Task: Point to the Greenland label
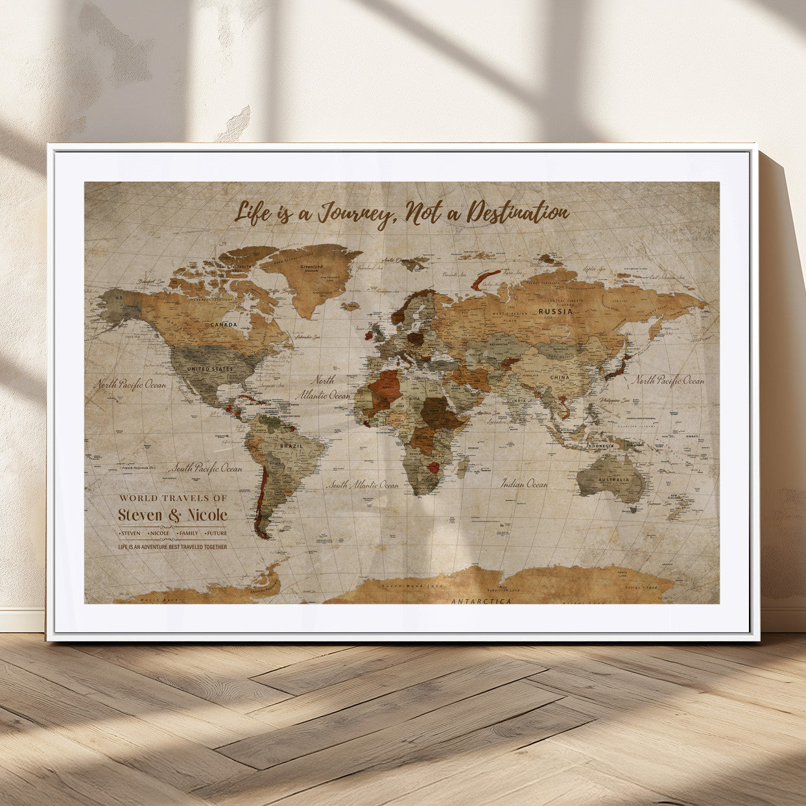click(x=312, y=266)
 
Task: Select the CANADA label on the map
click(x=224, y=324)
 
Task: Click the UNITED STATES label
click(x=209, y=369)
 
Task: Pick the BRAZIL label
click(x=290, y=446)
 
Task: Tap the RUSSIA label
click(x=556, y=311)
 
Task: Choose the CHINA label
click(x=560, y=377)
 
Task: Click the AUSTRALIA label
click(x=613, y=480)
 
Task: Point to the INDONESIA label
click(x=600, y=446)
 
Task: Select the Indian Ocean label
click(x=524, y=483)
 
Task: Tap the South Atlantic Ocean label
click(x=362, y=484)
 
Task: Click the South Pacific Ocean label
click(x=206, y=468)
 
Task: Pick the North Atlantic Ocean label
click(x=322, y=388)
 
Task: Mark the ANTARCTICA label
click(x=480, y=601)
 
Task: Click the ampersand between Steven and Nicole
click(x=175, y=516)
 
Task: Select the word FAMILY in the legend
click(x=189, y=533)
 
